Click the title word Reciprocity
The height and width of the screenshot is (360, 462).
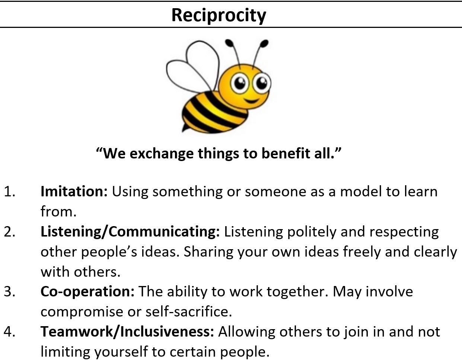(219, 16)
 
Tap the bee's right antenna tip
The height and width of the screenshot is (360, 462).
(264, 44)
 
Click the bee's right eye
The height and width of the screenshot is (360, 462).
(262, 83)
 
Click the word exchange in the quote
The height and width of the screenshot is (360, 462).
(162, 154)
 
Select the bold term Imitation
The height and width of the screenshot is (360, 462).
(74, 192)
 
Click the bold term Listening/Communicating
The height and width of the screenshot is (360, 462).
(130, 232)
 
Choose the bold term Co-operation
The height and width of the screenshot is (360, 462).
(87, 292)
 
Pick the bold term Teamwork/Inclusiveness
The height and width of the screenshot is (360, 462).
(127, 332)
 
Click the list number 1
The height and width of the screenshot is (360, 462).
(9, 192)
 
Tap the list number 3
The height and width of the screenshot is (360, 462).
(9, 292)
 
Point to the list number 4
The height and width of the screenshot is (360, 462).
(9, 332)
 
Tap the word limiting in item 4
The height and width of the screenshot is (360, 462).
(65, 352)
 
